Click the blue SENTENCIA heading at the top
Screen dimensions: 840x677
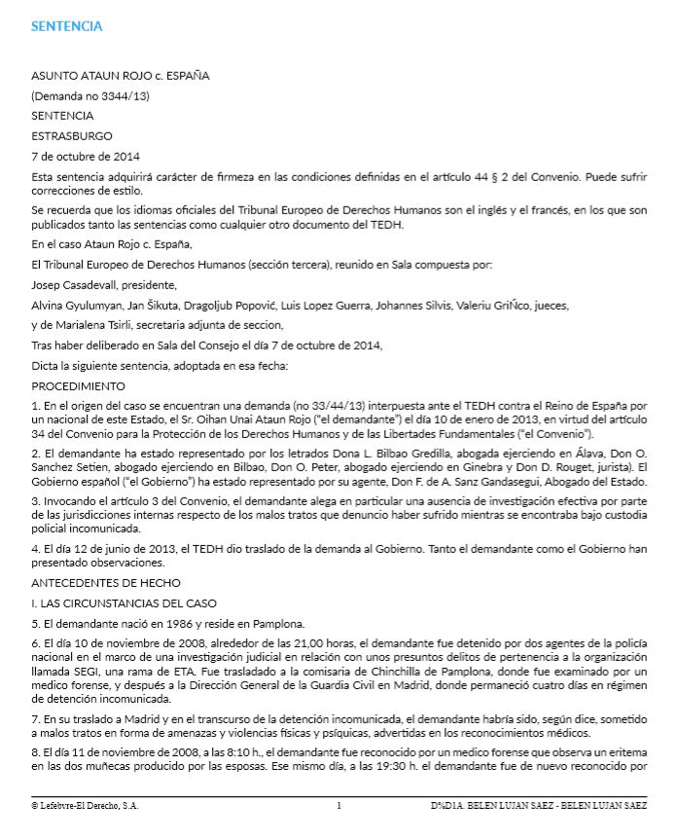click(66, 26)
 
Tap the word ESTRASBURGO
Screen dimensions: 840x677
click(72, 135)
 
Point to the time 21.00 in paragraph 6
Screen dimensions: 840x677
click(277, 645)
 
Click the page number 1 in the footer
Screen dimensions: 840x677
click(338, 807)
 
